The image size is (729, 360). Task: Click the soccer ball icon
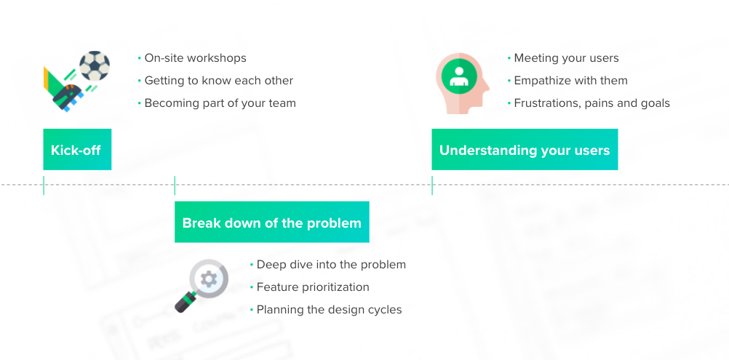point(95,66)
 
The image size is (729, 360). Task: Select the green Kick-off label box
point(77,150)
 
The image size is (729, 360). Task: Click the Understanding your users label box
point(525,150)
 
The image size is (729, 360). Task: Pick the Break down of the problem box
point(271,222)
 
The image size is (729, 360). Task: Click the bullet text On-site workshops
point(195,58)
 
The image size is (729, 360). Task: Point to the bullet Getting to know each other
point(218,80)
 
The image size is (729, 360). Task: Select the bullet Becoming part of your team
point(220,103)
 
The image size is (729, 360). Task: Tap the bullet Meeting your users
point(566,58)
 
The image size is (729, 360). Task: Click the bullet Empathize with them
point(570,80)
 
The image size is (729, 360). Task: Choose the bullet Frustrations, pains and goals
point(591,103)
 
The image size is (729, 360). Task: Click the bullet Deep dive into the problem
point(331,264)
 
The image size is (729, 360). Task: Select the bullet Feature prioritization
point(313,287)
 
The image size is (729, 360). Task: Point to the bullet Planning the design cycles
point(329,309)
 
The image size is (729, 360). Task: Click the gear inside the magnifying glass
point(208,279)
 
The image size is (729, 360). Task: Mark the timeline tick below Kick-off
point(44,185)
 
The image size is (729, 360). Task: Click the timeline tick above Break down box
point(175,185)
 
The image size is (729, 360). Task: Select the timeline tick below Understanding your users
point(432,185)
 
